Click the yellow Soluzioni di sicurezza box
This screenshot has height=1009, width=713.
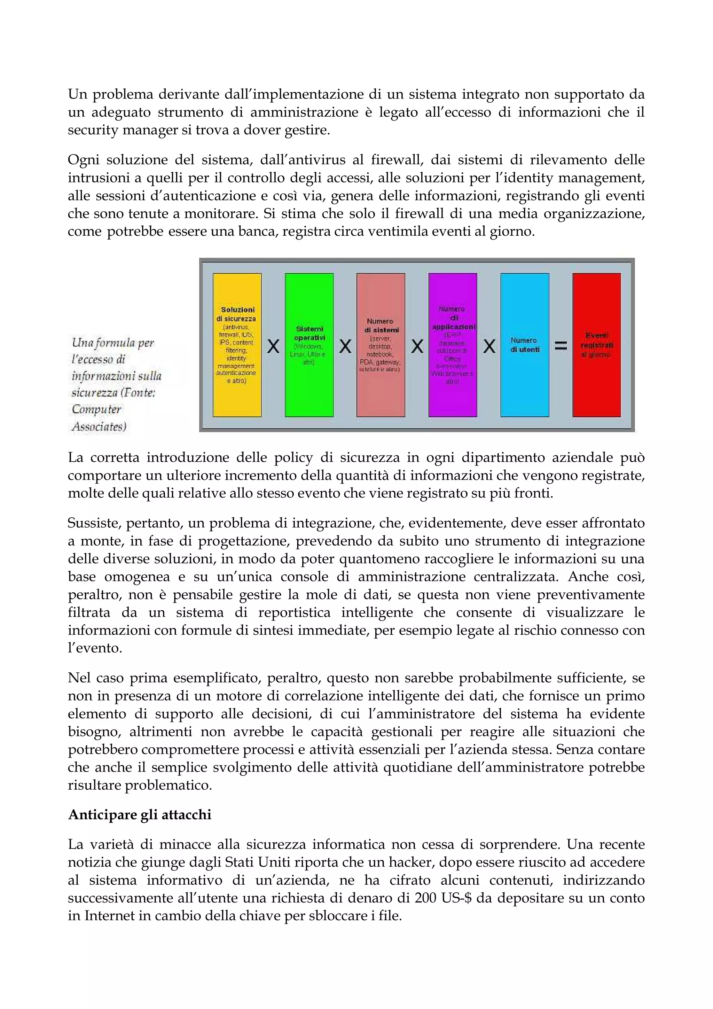coord(237,345)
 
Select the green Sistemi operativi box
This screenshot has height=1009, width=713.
coord(309,345)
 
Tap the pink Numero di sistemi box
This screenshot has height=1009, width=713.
coord(381,345)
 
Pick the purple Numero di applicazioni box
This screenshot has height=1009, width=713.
coord(453,345)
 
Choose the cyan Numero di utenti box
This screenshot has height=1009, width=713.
coord(525,345)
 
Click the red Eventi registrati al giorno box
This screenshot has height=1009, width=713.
coord(597,345)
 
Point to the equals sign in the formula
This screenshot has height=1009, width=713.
coord(561,346)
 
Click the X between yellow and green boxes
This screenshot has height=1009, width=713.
coord(273,347)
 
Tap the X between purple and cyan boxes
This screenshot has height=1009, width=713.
coord(489,347)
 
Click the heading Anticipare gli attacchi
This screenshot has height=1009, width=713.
coord(140,814)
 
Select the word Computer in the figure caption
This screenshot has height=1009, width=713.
coord(97,409)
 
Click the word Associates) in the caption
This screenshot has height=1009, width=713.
coord(99,426)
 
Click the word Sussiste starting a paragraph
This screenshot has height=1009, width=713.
coord(94,523)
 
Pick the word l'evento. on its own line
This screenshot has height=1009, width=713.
coord(95,648)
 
